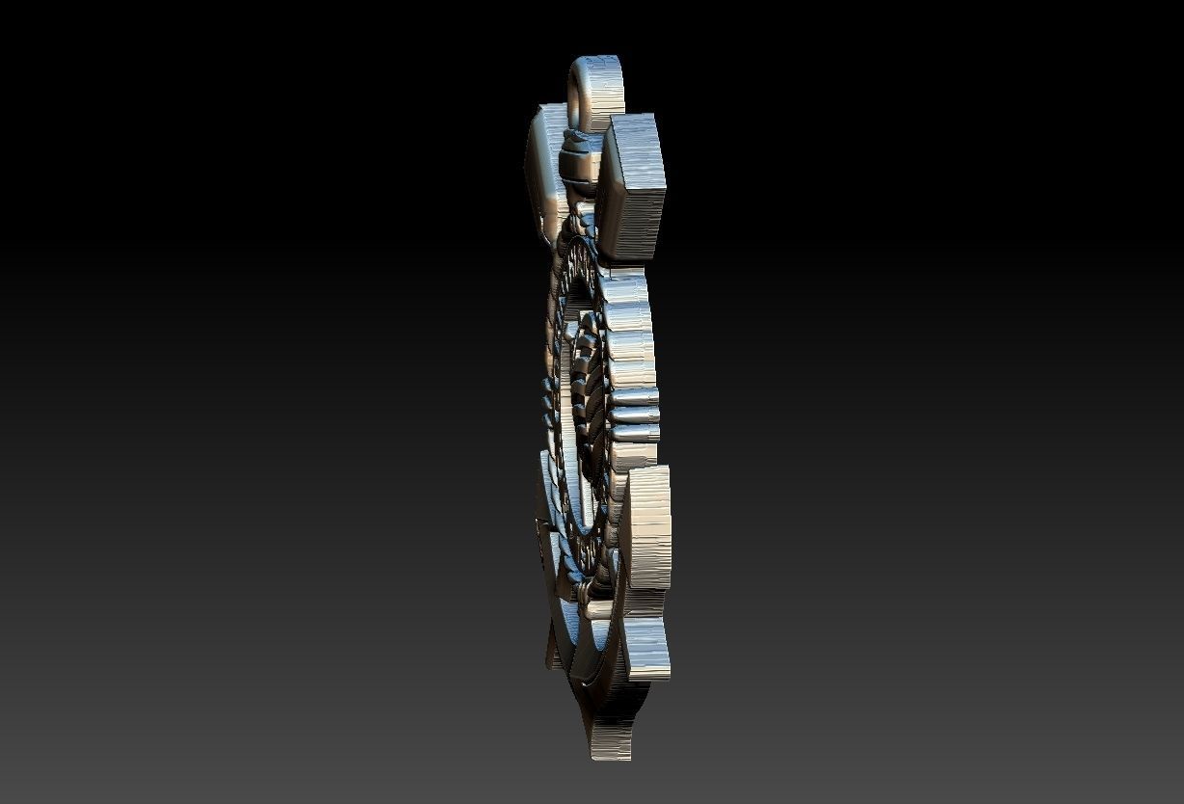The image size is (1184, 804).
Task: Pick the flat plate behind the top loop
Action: pyautogui.click(x=546, y=169)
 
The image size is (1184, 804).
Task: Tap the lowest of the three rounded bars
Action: pyautogui.click(x=635, y=433)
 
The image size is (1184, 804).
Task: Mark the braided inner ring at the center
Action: pyautogui.click(x=584, y=386)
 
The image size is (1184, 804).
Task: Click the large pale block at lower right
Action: pyautogui.click(x=648, y=525)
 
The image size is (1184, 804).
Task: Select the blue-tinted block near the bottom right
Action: pyautogui.click(x=645, y=647)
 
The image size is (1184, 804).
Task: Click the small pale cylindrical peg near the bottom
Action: pyautogui.click(x=598, y=609)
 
